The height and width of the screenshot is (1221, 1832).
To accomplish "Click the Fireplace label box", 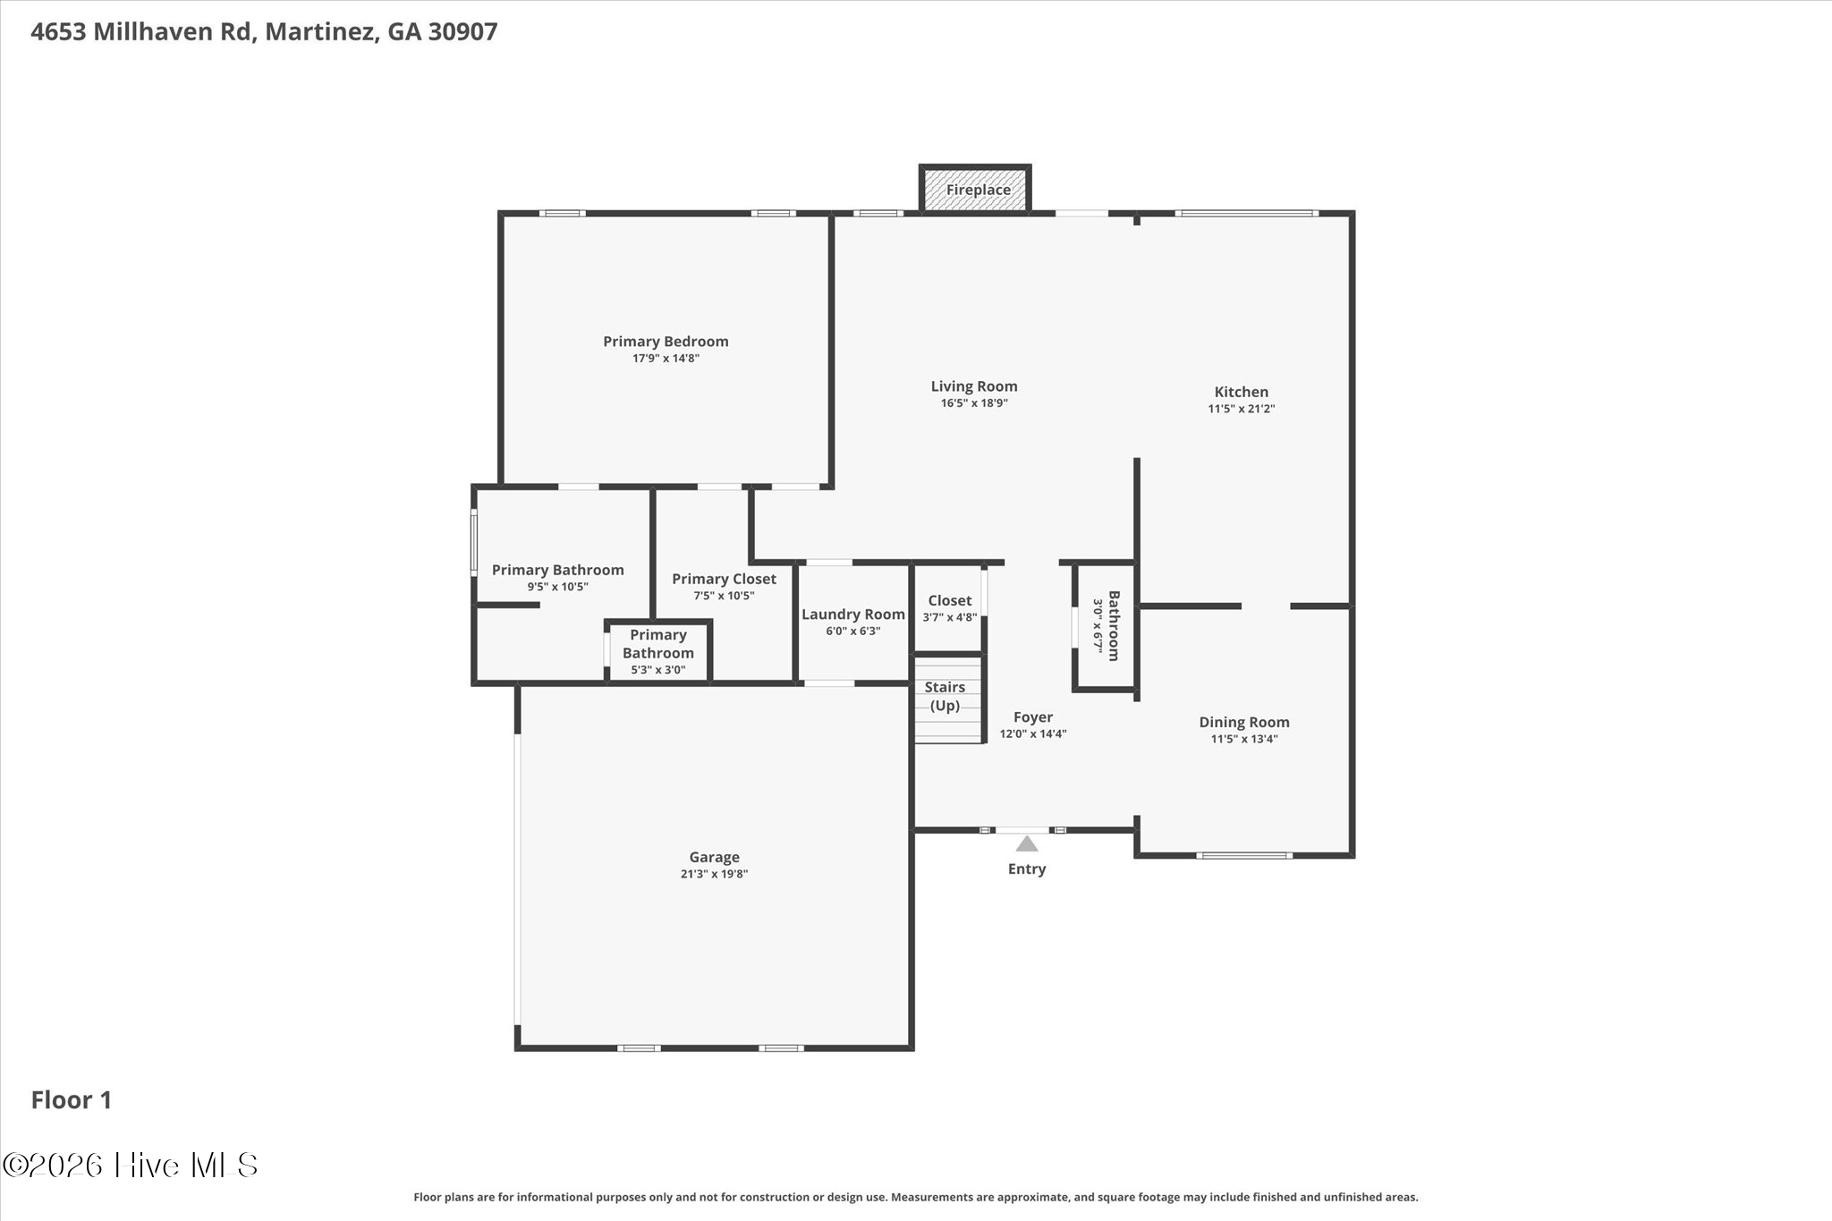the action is [x=976, y=190].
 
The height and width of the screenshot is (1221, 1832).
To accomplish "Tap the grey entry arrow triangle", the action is [x=1027, y=844].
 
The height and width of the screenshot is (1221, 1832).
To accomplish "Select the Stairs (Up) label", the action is [x=945, y=696].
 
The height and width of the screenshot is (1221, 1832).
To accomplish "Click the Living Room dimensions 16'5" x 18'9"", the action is [x=974, y=403].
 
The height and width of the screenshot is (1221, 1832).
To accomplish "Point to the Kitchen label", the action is [x=1241, y=392].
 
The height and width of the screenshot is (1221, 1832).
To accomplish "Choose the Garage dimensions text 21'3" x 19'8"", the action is [x=714, y=874].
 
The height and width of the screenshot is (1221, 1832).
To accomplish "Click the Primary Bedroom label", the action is [x=666, y=342].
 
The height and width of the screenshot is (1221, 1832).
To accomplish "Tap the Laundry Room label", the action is [x=853, y=615].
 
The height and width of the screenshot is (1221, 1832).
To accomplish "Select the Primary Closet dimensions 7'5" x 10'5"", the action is [x=724, y=596].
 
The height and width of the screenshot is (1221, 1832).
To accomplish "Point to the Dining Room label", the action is [x=1244, y=722].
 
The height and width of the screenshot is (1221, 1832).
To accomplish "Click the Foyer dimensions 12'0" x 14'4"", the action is [x=1033, y=734].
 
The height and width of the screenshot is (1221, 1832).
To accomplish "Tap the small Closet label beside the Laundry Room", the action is [x=949, y=601].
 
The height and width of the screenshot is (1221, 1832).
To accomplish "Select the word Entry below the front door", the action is [x=1027, y=869].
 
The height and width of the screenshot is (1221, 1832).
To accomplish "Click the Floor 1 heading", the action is [x=72, y=1100].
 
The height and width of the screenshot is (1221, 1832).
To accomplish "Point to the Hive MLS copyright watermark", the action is [x=131, y=1165].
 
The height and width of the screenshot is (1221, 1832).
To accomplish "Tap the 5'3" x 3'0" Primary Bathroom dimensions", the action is [x=658, y=670].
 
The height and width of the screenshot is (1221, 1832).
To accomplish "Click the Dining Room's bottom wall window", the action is [x=1244, y=856].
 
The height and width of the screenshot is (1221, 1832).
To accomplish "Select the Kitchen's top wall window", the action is [x=1246, y=213].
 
